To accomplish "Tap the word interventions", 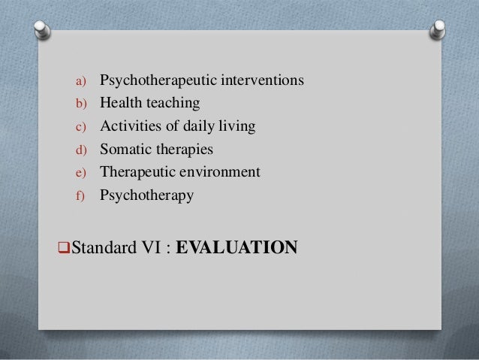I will coord(258,79).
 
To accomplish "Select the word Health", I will coord(120,102).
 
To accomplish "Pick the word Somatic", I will coord(125,149).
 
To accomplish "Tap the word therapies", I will coord(184,149).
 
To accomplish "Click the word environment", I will coord(221,172).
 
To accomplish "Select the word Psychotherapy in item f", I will coord(146,195).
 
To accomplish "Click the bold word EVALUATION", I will coord(236,246).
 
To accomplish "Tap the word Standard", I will coord(87,247).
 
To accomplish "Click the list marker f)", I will coord(80,196).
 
